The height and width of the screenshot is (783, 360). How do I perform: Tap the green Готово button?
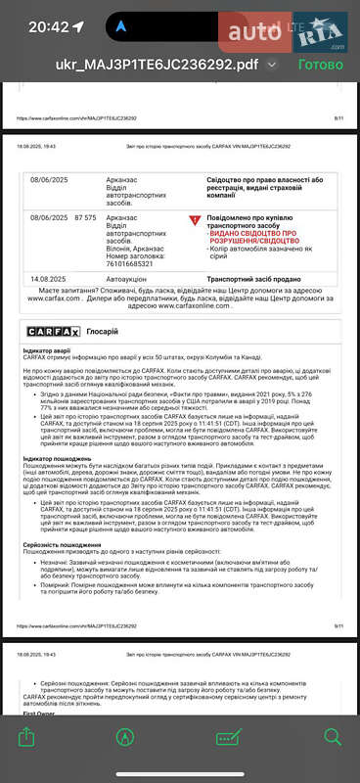pos(320,65)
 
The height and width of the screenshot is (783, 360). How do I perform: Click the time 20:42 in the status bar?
pos(49,26)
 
